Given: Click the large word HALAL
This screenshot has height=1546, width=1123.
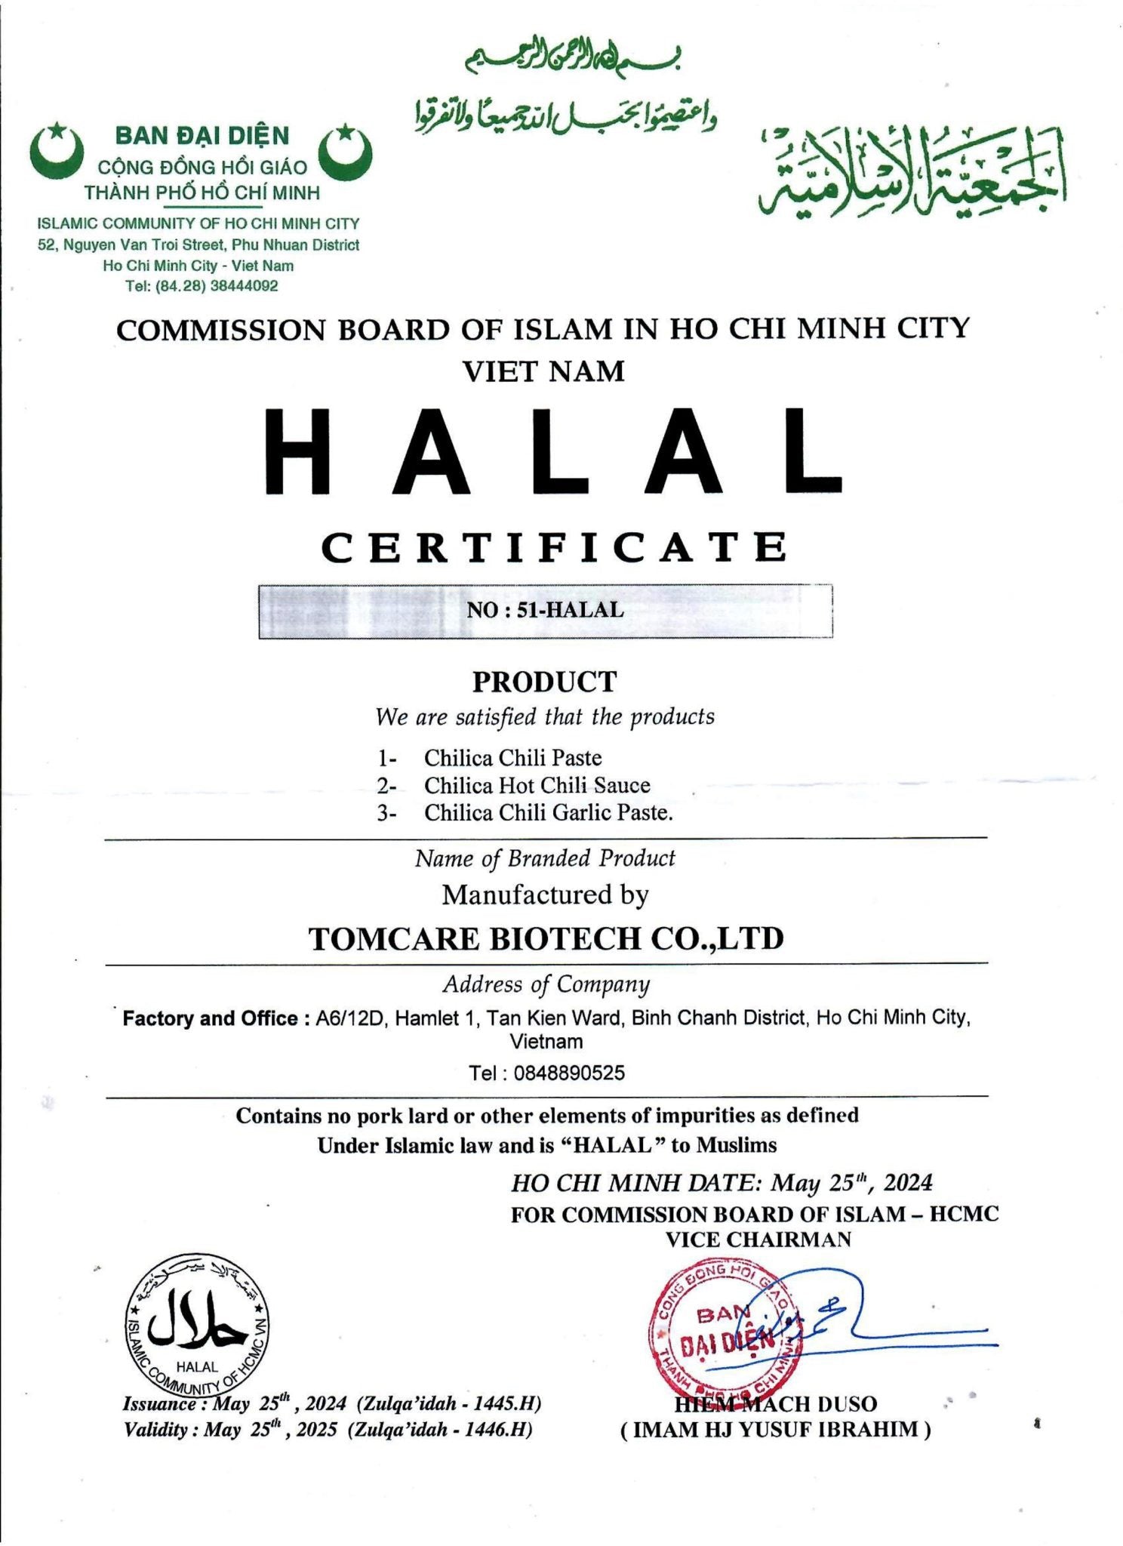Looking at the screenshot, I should coord(552,452).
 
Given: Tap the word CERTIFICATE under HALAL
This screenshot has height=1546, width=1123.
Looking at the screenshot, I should coord(555,547).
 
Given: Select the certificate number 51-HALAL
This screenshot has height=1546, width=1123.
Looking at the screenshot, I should coord(545,610).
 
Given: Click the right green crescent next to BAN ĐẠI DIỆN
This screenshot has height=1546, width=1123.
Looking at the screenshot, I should coord(344,152).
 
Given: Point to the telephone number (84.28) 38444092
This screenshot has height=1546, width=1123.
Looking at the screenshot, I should coord(202,286).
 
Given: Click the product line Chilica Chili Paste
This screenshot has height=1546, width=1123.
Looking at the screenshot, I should coord(512,757).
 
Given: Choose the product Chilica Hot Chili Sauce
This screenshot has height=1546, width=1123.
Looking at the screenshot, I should coord(537,785).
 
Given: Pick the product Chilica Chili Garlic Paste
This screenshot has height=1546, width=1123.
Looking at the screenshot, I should coord(548,813).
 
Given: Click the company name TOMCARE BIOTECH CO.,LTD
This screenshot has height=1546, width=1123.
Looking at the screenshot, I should coord(546,938).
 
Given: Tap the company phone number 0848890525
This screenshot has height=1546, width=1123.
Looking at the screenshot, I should coord(546,1073).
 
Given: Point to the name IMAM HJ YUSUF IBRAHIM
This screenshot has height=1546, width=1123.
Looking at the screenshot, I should coord(776,1429).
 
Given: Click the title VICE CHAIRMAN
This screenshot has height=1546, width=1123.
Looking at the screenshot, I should coord(758,1240).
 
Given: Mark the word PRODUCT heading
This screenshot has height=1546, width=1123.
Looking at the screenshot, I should coord(544,682).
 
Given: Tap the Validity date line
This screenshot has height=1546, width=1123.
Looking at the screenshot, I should coord(328,1429).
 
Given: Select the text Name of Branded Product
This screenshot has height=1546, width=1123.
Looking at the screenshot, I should coord(545,858).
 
